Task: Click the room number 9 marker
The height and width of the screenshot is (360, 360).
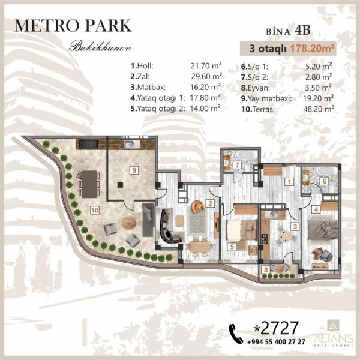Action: pos(134,170)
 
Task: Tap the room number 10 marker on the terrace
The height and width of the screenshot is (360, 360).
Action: pos(95,210)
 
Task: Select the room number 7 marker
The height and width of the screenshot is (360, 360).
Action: pos(238,164)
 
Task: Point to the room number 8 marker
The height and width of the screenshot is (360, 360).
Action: pos(266,269)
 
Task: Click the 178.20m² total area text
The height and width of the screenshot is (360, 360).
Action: pos(312,49)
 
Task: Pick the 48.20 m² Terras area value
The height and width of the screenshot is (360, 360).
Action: pos(319,109)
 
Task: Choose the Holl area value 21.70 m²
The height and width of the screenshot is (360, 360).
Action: pos(206,66)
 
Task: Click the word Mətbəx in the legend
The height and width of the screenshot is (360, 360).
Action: pos(151,87)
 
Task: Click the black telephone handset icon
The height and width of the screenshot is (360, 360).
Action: pos(236,334)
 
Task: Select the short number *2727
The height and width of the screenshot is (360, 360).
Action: pos(276,328)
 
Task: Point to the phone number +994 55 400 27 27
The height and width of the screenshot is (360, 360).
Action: pos(276,342)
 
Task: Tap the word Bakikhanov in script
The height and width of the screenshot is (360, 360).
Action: pos(101,47)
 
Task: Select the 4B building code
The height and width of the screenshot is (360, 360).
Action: pos(302,31)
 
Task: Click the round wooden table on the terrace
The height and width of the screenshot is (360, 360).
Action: pos(128,223)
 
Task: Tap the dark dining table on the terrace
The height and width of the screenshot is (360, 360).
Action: pos(89,184)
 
